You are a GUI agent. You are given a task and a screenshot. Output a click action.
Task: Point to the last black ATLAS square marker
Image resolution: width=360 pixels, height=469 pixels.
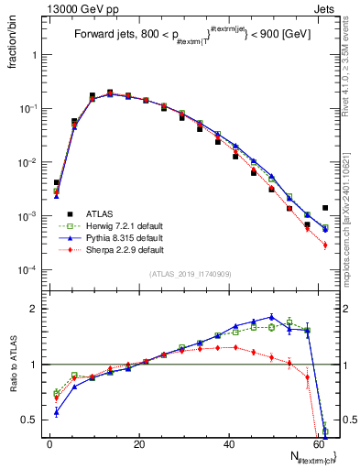pos(325,208)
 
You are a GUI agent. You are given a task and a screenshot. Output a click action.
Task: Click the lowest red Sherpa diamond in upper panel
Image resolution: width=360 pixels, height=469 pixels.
pos(325,245)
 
